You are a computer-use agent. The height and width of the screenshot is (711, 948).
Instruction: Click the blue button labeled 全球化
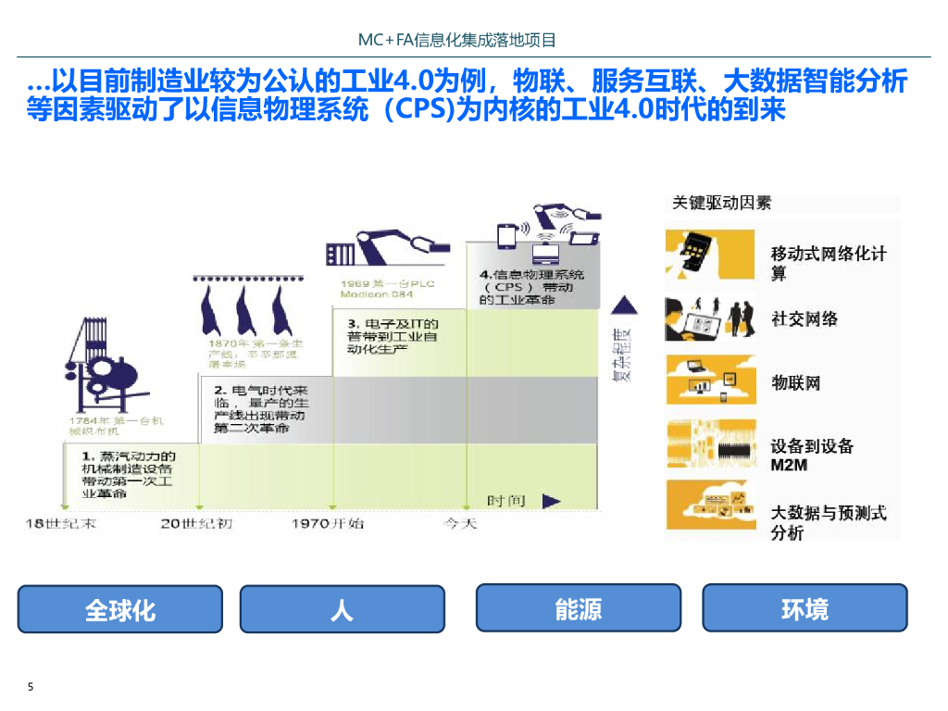click(120, 609)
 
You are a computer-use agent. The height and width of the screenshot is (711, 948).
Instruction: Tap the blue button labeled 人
click(342, 609)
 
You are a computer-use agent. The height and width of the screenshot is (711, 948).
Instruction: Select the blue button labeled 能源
click(578, 608)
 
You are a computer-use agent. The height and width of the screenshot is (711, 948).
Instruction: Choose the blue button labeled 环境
click(805, 608)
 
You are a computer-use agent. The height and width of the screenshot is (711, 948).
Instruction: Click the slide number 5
click(31, 687)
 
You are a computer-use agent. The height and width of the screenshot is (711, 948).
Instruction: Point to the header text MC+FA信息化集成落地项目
click(457, 40)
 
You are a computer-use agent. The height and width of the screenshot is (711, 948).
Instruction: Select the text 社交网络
click(805, 318)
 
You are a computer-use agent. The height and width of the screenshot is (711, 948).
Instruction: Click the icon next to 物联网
click(710, 380)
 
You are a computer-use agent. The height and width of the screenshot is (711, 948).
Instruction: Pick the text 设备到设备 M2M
click(812, 455)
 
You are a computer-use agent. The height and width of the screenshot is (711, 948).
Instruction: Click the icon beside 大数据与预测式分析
click(710, 505)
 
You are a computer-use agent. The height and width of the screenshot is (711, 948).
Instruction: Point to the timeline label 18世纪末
click(60, 524)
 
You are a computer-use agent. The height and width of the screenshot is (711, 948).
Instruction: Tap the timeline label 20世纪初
click(196, 524)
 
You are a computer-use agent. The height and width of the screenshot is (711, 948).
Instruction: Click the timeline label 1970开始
click(328, 524)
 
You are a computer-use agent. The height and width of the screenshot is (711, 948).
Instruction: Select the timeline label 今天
click(459, 524)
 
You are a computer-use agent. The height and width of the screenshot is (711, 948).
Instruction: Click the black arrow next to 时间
click(551, 501)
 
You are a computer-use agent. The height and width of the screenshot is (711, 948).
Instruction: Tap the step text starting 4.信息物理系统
click(532, 287)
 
